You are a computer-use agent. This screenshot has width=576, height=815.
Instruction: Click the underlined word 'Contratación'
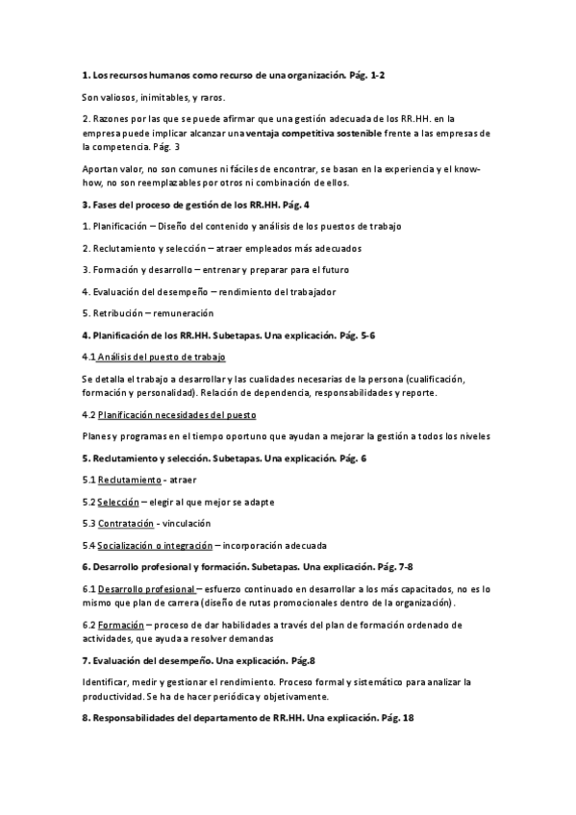pyautogui.click(x=126, y=523)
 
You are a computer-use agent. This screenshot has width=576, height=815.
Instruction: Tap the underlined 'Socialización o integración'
pyautogui.click(x=153, y=545)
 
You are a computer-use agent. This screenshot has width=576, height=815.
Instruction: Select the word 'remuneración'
pyautogui.click(x=185, y=313)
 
